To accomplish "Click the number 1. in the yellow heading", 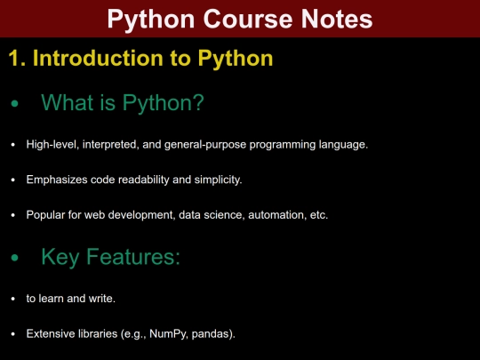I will tap(17, 60).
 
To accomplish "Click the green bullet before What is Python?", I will tap(13, 105).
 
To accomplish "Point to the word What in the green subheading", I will tap(67, 104).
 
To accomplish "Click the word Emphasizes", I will tap(56, 180).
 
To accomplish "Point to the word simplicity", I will tap(218, 180).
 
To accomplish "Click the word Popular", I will tap(45, 215).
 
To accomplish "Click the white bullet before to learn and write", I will tap(12, 299).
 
